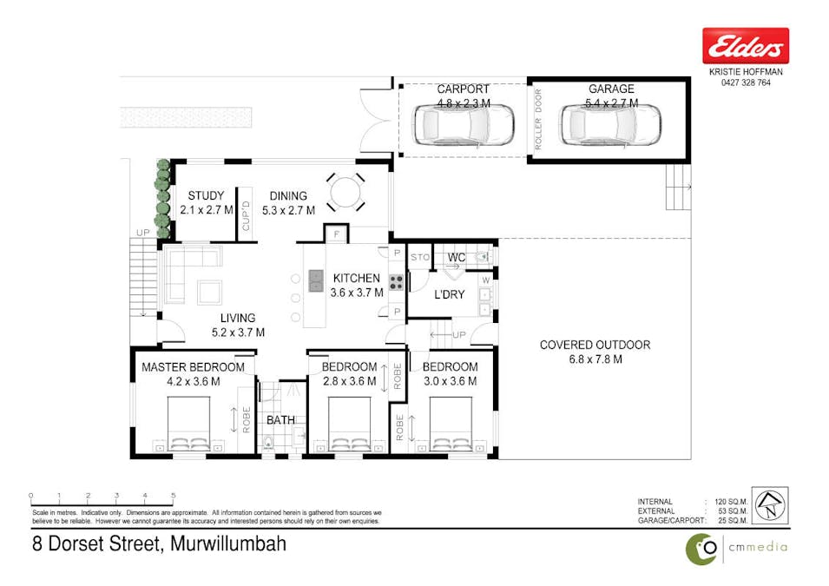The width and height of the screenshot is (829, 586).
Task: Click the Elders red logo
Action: [746, 45]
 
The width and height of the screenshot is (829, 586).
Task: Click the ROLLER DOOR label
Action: [538, 122]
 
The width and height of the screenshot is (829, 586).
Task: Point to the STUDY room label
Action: [206, 196]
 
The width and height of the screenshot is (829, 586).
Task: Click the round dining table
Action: [345, 190]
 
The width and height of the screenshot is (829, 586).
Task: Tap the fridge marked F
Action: [336, 234]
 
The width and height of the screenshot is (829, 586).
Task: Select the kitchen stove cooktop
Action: [395, 281]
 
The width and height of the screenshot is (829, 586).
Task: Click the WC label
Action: [457, 258]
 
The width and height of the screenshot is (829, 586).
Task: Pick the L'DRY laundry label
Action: [450, 294]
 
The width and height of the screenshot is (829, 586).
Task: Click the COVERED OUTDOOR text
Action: [595, 345]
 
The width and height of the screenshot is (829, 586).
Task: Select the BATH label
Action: [280, 420]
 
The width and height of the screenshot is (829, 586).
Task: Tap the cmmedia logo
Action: [736, 548]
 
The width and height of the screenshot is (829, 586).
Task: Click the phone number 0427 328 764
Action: [746, 82]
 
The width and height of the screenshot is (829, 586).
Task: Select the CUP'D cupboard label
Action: [246, 214]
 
